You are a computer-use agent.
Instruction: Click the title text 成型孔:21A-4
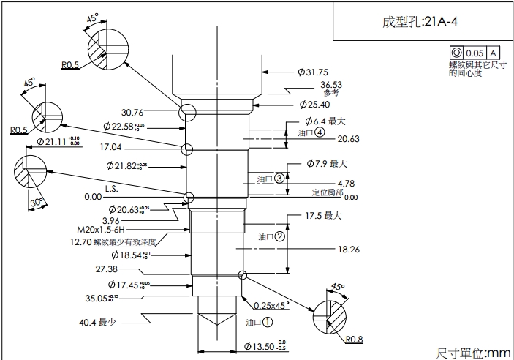pos(420,21)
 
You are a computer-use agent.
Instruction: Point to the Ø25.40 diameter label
pos(312,105)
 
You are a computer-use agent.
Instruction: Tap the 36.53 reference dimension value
pos(330,85)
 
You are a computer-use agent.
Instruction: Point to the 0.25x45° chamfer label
pos(271,304)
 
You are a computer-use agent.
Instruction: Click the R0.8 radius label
pos(355,340)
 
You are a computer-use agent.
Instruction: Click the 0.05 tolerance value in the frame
pos(475,53)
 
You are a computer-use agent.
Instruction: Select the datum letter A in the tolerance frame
pos(494,53)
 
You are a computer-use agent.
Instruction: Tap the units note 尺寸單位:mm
pos(473,352)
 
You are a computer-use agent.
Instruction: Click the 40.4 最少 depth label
pos(98,321)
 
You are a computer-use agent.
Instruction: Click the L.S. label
pos(111,188)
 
